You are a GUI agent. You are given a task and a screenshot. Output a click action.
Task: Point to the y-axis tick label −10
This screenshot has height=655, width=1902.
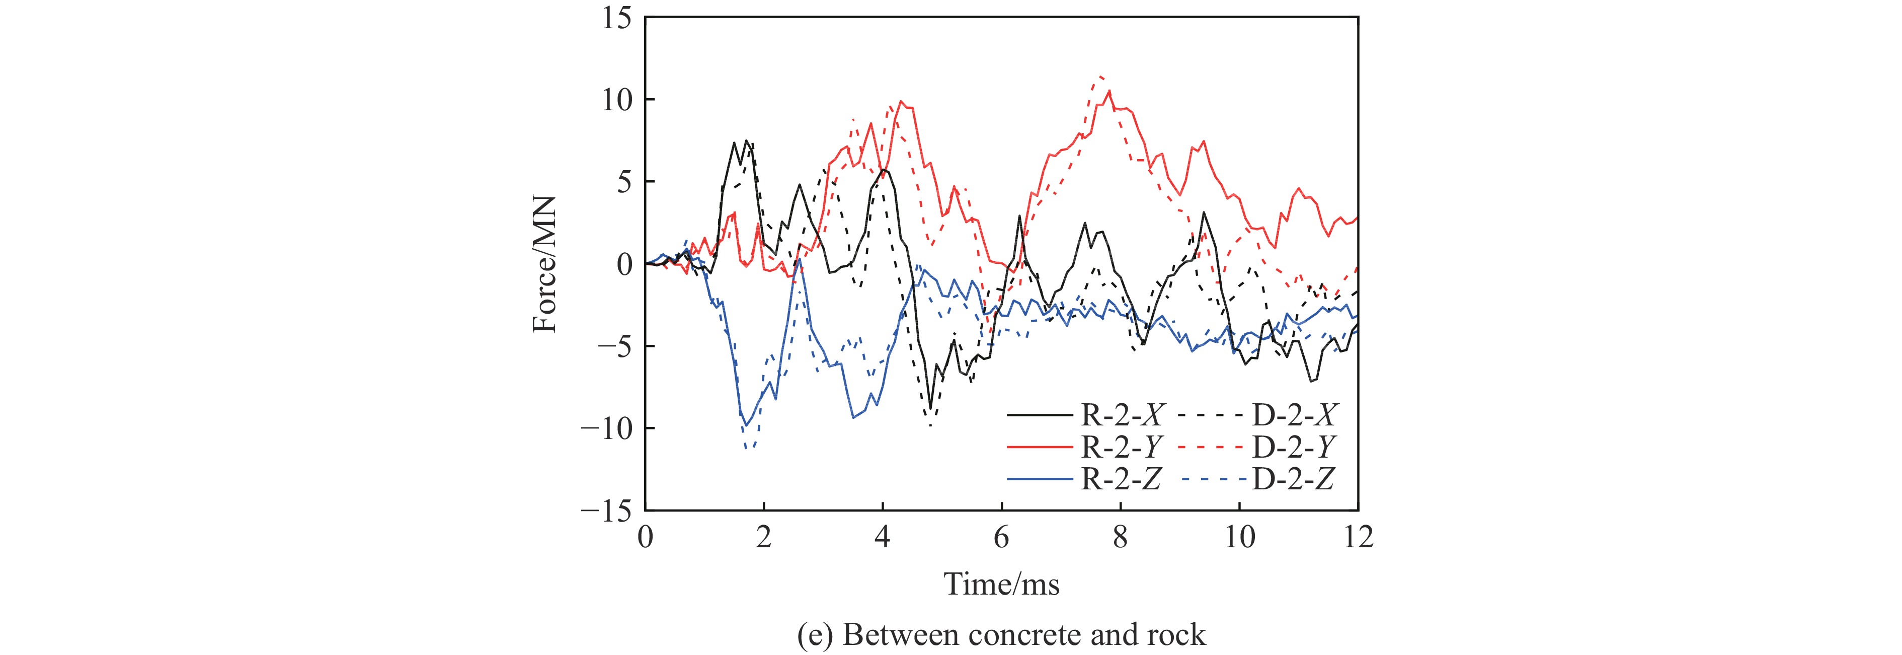pyautogui.click(x=607, y=429)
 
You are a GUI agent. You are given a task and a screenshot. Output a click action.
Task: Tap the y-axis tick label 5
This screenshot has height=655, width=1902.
pyautogui.click(x=624, y=182)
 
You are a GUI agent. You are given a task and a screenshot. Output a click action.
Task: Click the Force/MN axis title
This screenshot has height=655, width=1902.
pyautogui.click(x=545, y=264)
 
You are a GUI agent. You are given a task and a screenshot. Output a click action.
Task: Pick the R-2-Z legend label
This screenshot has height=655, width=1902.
pyautogui.click(x=1122, y=479)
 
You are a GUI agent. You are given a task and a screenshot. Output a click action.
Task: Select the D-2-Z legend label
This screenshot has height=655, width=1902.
pyautogui.click(x=1294, y=479)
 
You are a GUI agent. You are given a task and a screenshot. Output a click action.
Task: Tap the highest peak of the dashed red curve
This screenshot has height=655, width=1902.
pyautogui.click(x=1101, y=76)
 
